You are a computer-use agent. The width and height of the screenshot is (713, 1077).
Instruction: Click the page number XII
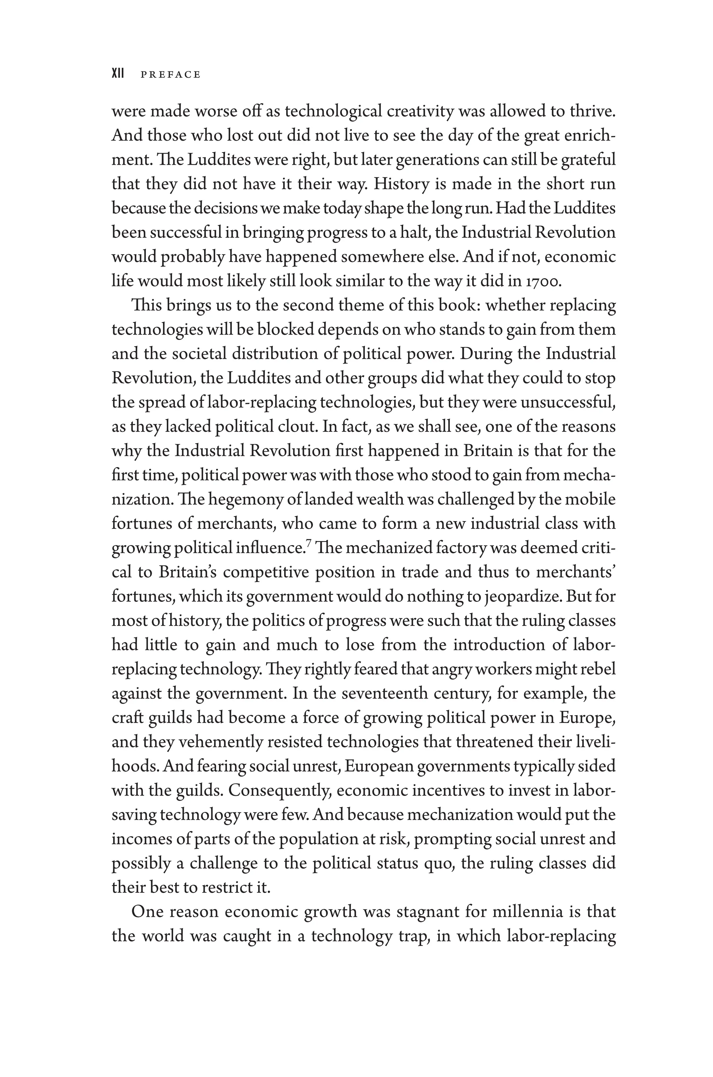(118, 74)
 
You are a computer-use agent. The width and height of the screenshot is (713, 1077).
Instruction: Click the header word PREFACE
(171, 75)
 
